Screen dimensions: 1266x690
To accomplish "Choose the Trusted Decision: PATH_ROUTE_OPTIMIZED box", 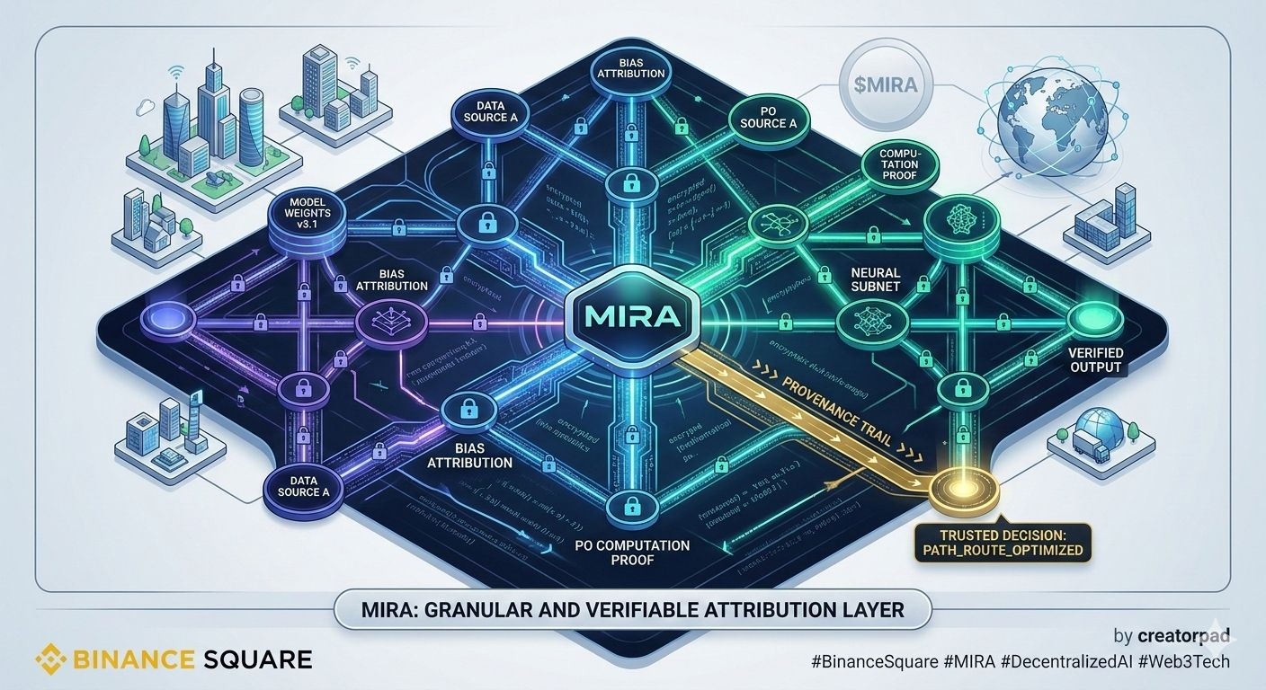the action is pyautogui.click(x=1001, y=542).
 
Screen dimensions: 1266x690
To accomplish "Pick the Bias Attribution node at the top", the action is pyautogui.click(x=629, y=71).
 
